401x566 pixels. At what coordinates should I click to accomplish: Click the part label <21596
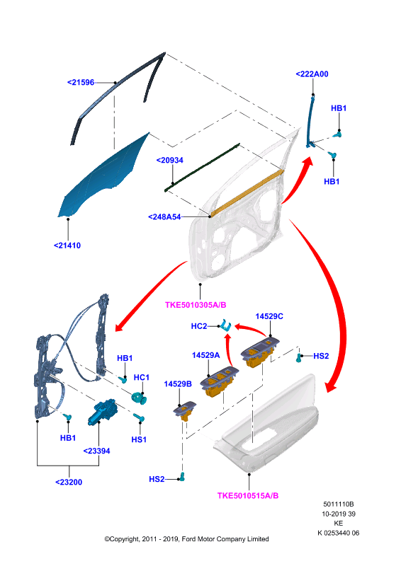(x=81, y=82)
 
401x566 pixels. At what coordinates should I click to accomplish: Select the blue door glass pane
(x=101, y=180)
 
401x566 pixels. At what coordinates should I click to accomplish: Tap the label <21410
(x=67, y=246)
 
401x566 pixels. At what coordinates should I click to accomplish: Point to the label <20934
(x=169, y=160)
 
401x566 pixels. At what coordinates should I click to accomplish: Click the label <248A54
(x=164, y=216)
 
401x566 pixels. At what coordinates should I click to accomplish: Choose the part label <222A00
(x=312, y=74)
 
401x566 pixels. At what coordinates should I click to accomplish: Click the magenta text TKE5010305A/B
(x=196, y=305)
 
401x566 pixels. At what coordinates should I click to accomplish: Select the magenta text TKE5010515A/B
(x=248, y=496)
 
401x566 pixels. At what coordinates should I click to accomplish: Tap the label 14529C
(x=269, y=316)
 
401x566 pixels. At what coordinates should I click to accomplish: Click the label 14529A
(x=205, y=355)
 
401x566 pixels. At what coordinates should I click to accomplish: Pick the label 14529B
(x=178, y=383)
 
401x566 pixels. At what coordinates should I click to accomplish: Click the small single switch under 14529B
(x=185, y=411)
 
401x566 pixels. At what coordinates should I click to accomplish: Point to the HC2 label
(x=199, y=326)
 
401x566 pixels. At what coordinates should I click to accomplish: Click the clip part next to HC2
(x=226, y=325)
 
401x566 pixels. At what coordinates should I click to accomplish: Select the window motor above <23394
(x=102, y=412)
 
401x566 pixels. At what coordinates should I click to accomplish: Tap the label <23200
(x=69, y=483)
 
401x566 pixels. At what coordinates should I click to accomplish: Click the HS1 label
(x=139, y=439)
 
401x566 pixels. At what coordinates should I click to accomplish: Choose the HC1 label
(x=142, y=377)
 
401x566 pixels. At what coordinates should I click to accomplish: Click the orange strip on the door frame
(x=247, y=192)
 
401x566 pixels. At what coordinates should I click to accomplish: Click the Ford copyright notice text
(x=186, y=539)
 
